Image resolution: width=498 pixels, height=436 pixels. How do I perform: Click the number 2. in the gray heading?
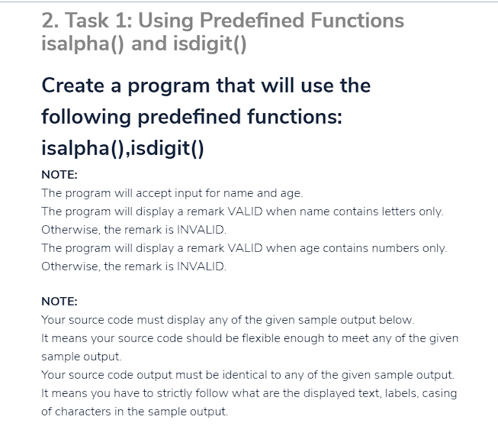coord(50,21)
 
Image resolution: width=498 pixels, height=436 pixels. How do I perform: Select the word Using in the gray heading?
coord(165,21)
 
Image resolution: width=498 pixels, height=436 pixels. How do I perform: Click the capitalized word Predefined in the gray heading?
coord(252,21)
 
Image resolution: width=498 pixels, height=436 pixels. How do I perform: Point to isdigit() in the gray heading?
coord(210,44)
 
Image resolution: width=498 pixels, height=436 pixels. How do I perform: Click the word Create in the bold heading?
coord(72,86)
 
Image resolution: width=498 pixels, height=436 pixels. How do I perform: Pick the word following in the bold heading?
coord(86,117)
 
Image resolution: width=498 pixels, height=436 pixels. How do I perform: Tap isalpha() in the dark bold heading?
coord(83,148)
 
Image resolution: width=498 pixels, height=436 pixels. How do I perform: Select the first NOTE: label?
coord(59,175)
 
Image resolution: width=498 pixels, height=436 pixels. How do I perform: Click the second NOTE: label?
coord(59,302)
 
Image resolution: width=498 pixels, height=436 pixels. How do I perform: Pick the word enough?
coord(304,338)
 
